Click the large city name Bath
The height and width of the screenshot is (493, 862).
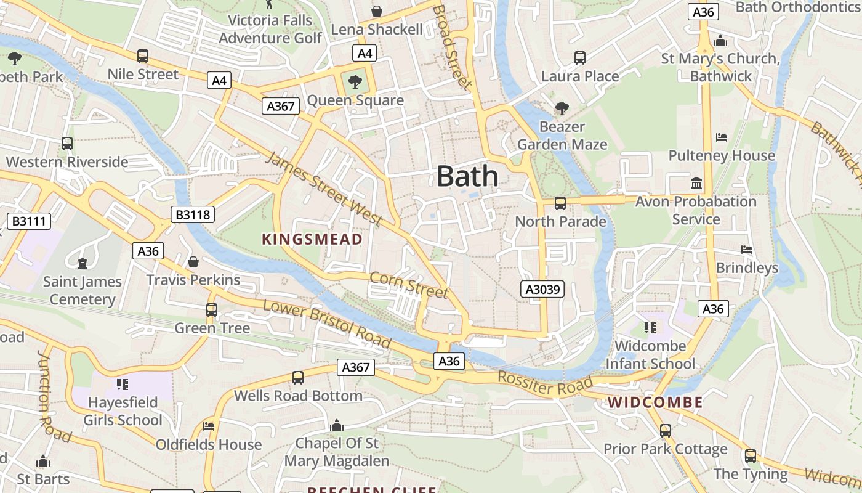(467, 176)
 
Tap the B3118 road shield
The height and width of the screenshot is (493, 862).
(193, 214)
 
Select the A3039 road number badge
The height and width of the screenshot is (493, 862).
(542, 289)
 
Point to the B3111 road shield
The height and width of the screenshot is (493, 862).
(29, 221)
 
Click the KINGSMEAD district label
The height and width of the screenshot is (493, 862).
(312, 239)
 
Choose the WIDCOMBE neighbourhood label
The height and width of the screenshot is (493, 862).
(655, 403)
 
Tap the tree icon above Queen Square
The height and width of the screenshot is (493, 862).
(355, 81)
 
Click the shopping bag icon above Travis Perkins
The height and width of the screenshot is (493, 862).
(193, 262)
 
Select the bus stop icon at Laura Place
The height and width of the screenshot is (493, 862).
(580, 58)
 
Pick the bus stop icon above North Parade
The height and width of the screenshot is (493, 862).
(560, 203)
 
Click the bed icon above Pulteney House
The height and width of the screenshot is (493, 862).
(722, 137)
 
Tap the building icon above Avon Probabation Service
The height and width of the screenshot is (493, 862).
(696, 183)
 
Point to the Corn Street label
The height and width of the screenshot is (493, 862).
(409, 285)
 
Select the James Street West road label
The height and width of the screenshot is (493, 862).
(325, 190)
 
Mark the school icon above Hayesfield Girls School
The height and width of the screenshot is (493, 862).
(123, 385)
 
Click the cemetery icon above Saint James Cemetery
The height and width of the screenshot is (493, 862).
(82, 264)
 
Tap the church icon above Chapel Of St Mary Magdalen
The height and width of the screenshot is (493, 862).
(336, 425)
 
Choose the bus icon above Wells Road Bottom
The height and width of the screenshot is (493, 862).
(298, 377)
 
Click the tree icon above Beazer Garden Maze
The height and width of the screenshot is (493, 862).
(562, 108)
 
